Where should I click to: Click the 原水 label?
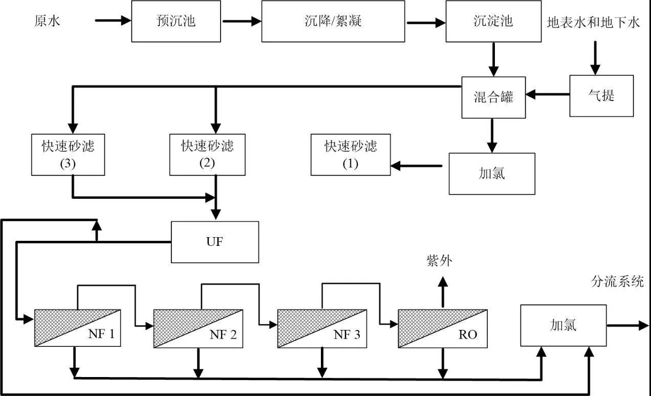tap(47, 22)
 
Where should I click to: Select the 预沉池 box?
tap(176, 22)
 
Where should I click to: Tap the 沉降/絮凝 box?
tap(333, 22)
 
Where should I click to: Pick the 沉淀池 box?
tap(493, 22)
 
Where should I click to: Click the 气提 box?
tap(601, 96)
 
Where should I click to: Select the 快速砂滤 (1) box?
tap(351, 155)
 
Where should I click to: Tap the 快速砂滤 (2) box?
tap(207, 155)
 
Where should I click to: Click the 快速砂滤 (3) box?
tap(68, 155)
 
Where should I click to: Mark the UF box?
tap(214, 242)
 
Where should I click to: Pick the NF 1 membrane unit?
tap(77, 328)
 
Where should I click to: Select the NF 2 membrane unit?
tap(198, 328)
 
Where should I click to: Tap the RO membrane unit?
tap(443, 328)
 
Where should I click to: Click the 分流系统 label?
tap(617, 282)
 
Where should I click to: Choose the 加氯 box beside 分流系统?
tap(563, 325)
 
